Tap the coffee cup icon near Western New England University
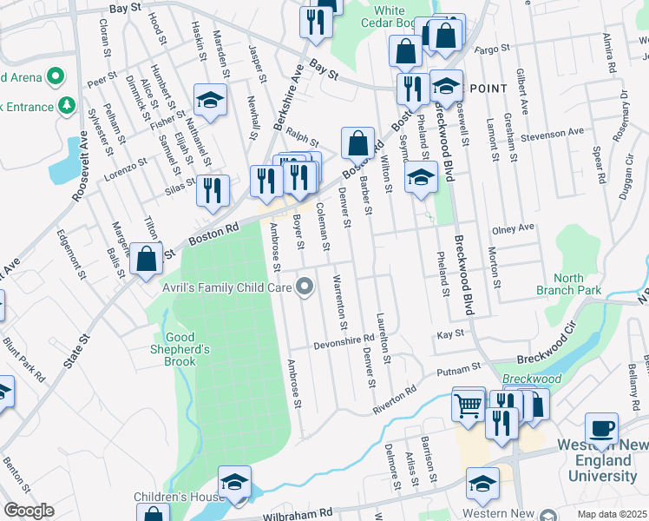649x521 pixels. (x=601, y=429)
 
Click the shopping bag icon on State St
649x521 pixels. (x=147, y=259)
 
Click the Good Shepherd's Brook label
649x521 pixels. (x=187, y=345)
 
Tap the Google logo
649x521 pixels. (x=29, y=511)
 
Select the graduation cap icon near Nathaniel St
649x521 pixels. (x=210, y=102)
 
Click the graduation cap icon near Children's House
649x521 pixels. (x=234, y=485)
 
